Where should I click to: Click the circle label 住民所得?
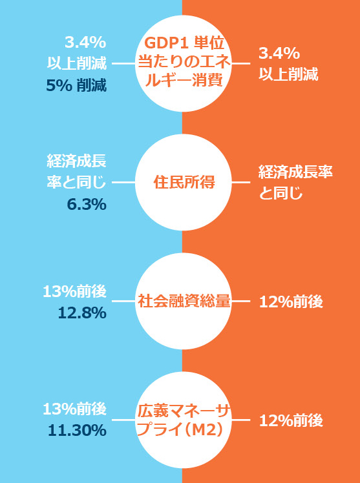184,183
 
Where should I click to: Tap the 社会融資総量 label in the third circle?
184,302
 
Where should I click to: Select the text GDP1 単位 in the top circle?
184,44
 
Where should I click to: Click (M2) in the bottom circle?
204,430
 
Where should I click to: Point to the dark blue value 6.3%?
87,205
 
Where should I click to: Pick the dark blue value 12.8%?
82,313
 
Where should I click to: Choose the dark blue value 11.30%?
77,431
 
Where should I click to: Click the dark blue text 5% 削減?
76,87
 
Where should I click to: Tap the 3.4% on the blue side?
85,43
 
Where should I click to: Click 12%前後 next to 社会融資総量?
291,302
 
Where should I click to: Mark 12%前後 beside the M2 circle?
291,421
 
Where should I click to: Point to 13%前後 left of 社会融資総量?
75,292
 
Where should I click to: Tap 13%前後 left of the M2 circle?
75,410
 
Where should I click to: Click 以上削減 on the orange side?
288,75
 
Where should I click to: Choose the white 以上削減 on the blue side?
77,64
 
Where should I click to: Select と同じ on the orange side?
281,194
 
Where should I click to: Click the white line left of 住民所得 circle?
123,182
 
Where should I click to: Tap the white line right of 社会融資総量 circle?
240,302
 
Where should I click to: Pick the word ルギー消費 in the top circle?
184,81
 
